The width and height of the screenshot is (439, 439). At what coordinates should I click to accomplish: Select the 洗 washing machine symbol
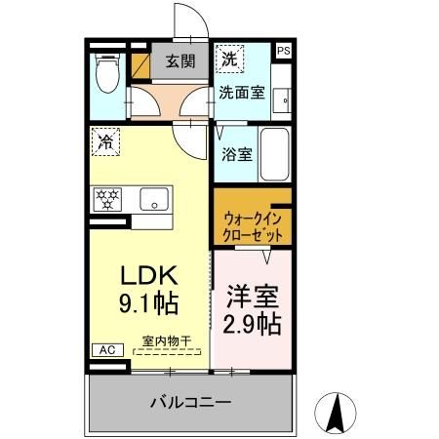pyautogui.click(x=227, y=59)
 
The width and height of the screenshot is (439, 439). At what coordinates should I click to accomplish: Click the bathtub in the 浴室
pyautogui.click(x=274, y=153)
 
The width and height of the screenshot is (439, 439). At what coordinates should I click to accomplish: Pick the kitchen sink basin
pyautogui.click(x=154, y=200)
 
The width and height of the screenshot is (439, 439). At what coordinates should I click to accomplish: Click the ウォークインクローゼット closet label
pyautogui.click(x=253, y=227)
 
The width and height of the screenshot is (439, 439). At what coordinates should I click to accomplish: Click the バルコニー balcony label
pyautogui.click(x=190, y=402)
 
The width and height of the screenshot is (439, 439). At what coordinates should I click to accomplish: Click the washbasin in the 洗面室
pyautogui.click(x=281, y=99)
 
